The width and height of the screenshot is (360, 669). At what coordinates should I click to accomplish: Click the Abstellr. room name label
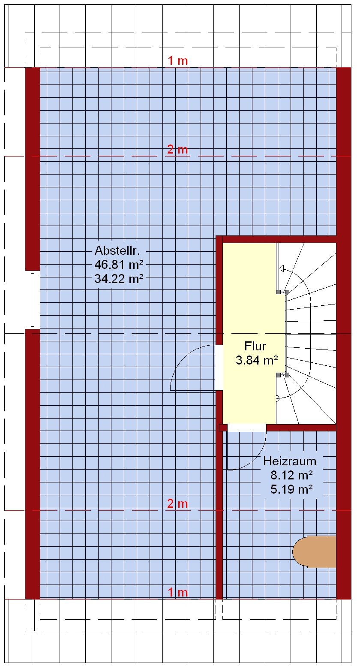(117, 250)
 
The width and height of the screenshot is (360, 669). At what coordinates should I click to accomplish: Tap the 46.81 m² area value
(119, 264)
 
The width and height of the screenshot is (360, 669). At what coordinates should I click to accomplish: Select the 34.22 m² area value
(119, 279)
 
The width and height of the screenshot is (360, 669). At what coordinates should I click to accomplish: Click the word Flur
(255, 346)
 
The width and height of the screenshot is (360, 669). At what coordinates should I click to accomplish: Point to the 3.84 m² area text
(257, 360)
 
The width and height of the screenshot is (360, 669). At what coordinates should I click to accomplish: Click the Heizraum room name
(290, 461)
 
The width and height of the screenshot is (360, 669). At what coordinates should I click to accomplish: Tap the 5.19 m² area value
(291, 489)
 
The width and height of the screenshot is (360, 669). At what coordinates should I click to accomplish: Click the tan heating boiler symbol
(314, 551)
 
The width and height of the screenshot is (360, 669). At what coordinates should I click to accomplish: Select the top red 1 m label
(177, 60)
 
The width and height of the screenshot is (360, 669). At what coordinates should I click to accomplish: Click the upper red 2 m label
(177, 149)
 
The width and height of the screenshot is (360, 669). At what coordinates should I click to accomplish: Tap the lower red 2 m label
(177, 503)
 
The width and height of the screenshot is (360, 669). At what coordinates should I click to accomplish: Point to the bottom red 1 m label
(177, 592)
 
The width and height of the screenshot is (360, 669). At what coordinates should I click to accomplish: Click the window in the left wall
(35, 300)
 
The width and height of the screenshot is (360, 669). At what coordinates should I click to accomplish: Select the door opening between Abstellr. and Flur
(219, 368)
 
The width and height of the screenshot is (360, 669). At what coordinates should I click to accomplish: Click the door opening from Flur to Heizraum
(247, 428)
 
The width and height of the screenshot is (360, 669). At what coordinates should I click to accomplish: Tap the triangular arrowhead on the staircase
(281, 268)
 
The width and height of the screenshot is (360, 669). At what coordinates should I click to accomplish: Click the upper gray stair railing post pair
(282, 292)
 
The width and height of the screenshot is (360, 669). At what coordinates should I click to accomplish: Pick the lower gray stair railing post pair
(282, 375)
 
